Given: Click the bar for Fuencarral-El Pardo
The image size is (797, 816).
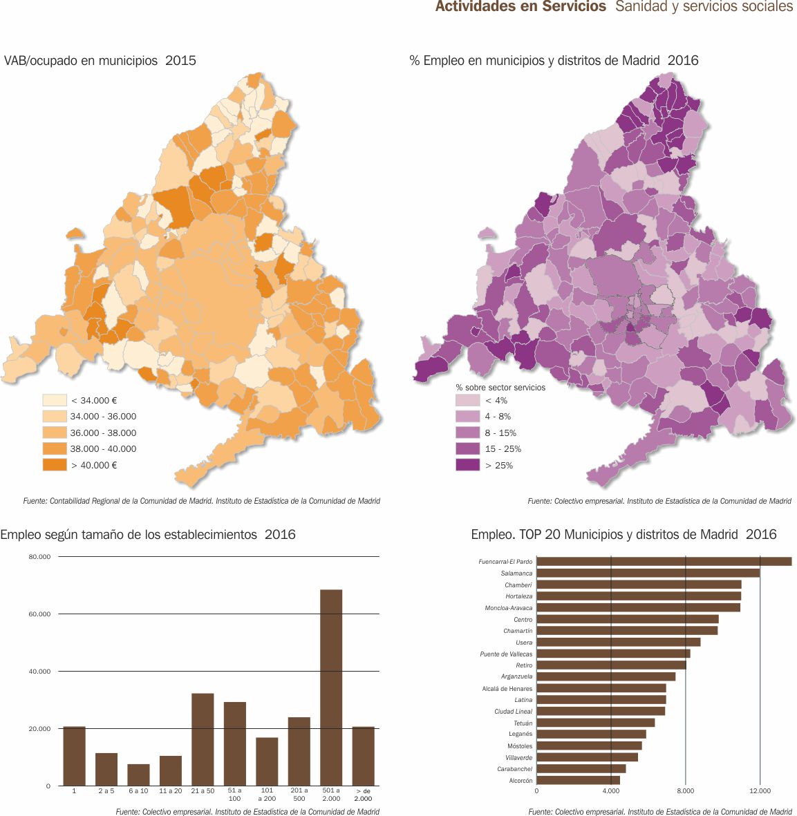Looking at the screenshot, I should click(x=664, y=562).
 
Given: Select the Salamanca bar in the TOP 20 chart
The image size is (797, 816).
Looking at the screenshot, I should click(x=648, y=573).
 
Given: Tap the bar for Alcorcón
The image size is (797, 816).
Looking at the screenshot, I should click(x=578, y=780).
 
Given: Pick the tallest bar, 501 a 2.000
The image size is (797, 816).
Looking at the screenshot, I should click(x=331, y=687).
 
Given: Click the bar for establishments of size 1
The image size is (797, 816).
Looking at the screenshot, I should click(x=74, y=756).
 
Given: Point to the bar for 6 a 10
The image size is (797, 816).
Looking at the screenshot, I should click(x=138, y=775).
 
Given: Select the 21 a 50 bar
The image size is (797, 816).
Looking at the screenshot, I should click(x=203, y=739).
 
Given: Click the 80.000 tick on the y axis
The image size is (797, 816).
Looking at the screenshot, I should click(x=39, y=557).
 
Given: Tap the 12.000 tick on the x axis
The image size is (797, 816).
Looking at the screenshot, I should click(x=760, y=790).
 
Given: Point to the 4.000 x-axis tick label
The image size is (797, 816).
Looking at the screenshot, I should click(x=611, y=790).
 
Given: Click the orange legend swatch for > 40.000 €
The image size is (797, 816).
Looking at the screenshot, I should click(x=54, y=465).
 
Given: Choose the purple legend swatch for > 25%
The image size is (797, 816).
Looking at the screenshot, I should click(x=467, y=465).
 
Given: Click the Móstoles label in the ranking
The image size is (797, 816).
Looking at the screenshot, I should click(x=520, y=746).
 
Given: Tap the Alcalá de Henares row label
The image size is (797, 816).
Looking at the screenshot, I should click(x=507, y=689).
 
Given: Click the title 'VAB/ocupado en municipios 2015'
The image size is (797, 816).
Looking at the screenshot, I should click(x=100, y=61).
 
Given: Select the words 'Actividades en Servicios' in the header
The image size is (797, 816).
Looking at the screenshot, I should click(x=521, y=7).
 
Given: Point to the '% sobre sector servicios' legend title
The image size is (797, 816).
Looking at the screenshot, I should click(x=500, y=388).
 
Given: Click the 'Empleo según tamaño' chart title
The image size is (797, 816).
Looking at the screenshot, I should click(x=148, y=535).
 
